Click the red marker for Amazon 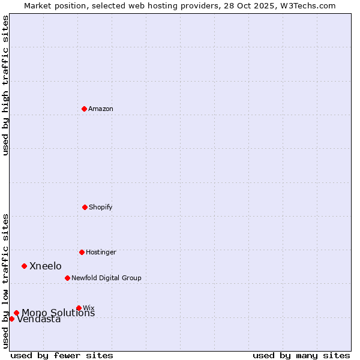84,109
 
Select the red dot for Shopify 85,207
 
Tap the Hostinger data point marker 82,252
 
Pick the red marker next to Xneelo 24,266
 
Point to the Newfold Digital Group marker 67,278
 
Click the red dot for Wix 79,308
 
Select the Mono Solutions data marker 16,313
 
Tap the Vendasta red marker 11,319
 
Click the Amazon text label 101,109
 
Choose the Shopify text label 101,208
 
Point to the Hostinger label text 101,253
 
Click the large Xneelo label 46,266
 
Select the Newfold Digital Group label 106,278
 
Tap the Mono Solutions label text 58,313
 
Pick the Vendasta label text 39,320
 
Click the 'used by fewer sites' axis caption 62,355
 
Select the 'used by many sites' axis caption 301,355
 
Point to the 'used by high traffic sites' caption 5,85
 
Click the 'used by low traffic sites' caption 5,281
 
